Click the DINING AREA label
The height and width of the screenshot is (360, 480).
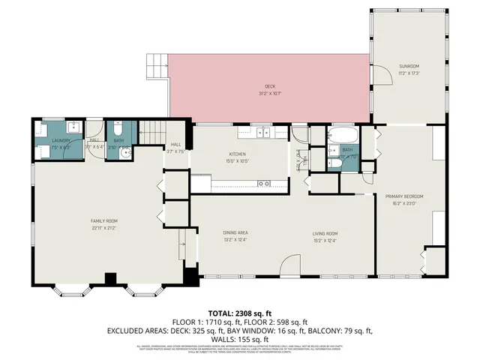pyautogui.click(x=235, y=233)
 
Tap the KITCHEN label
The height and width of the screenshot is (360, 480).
pyautogui.click(x=238, y=154)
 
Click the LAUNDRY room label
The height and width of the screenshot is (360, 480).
pyautogui.click(x=61, y=141)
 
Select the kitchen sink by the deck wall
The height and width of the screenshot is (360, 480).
pyautogui.click(x=263, y=133)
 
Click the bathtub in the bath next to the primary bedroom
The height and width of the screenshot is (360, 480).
pyautogui.click(x=344, y=136)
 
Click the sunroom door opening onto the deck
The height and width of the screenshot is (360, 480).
pyautogui.click(x=382, y=76)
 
